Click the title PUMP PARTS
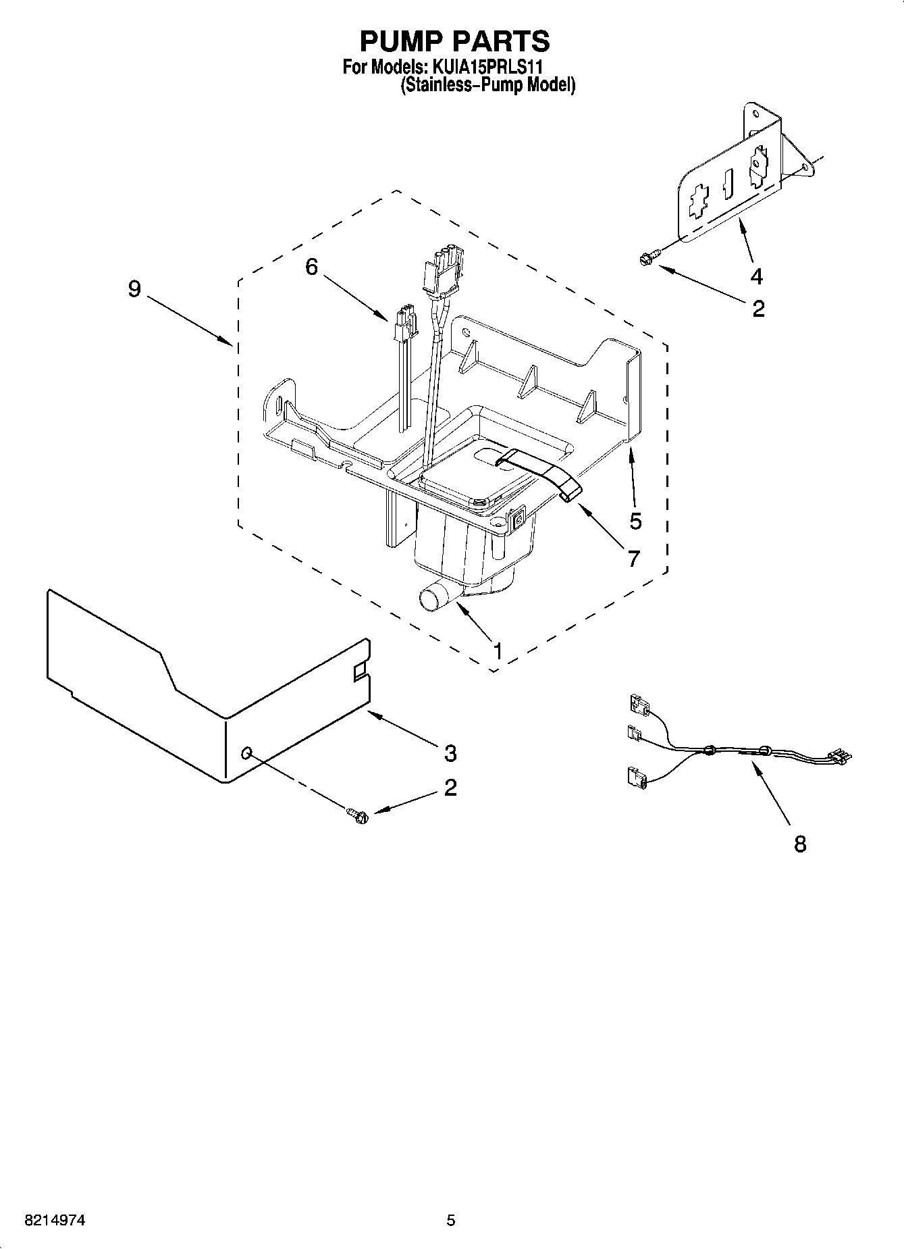pyautogui.click(x=454, y=41)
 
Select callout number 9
pyautogui.click(x=135, y=289)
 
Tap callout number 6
pyautogui.click(x=311, y=267)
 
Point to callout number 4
pyautogui.click(x=756, y=276)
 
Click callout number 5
pyautogui.click(x=635, y=521)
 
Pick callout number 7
pyautogui.click(x=633, y=558)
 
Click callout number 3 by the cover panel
pyautogui.click(x=450, y=752)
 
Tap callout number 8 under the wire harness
pyautogui.click(x=800, y=843)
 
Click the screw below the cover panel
pyautogui.click(x=358, y=815)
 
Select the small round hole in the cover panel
pyautogui.click(x=247, y=753)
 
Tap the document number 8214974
pyautogui.click(x=55, y=1221)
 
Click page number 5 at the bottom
pyautogui.click(x=450, y=1221)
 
